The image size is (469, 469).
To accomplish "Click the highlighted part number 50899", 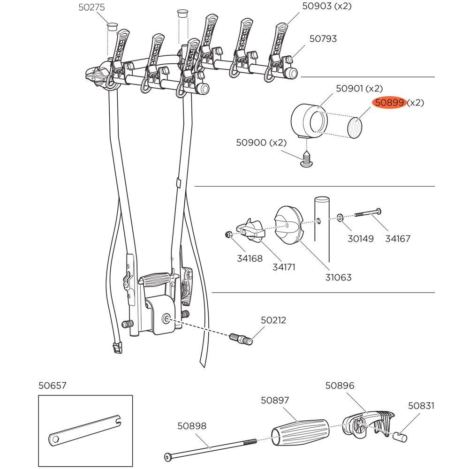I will pyautogui.click(x=389, y=103).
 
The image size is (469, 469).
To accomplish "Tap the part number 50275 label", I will pyautogui.click(x=91, y=8).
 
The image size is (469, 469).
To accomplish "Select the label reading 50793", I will pyautogui.click(x=323, y=38).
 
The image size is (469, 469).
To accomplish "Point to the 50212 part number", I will pyautogui.click(x=273, y=320).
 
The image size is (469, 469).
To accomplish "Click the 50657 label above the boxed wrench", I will pyautogui.click(x=53, y=386).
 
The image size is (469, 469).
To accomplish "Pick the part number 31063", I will pyautogui.click(x=338, y=277).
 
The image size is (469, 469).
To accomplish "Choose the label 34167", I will pyautogui.click(x=398, y=239).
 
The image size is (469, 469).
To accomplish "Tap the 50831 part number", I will pyautogui.click(x=421, y=406).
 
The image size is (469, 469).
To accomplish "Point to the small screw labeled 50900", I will pyautogui.click(x=306, y=159).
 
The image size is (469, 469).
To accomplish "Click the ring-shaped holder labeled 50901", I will pyautogui.click(x=309, y=120).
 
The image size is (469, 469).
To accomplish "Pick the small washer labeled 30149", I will pyautogui.click(x=340, y=218).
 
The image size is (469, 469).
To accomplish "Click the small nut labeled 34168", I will pyautogui.click(x=227, y=234).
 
